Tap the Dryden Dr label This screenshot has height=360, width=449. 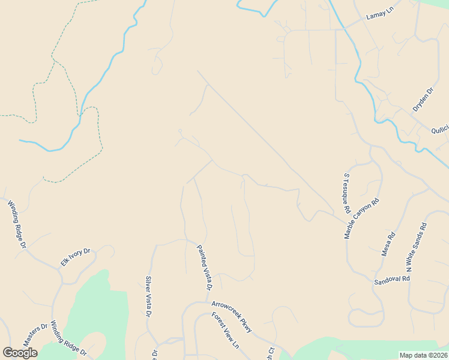[423, 100]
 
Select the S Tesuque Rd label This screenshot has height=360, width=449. [346, 194]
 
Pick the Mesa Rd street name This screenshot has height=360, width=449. [389, 244]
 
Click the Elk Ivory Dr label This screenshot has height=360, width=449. [75, 257]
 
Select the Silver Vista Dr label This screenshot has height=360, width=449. [149, 296]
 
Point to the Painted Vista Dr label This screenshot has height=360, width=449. [205, 268]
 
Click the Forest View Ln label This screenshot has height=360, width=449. [225, 331]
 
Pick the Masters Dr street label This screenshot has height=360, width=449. [35, 334]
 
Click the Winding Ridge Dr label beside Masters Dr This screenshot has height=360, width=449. [68, 339]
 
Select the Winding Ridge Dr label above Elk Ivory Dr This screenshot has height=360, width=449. [17, 224]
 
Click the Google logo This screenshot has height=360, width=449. [20, 353]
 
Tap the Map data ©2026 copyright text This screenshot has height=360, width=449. [423, 355]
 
